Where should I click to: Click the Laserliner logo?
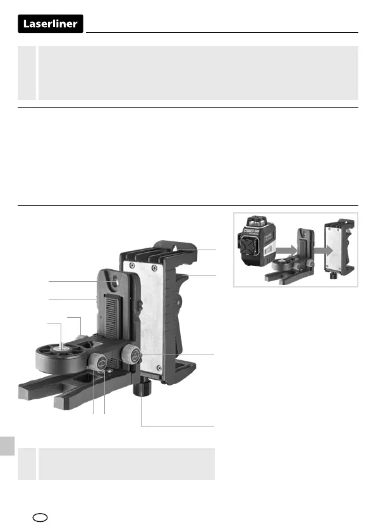(x=50, y=24)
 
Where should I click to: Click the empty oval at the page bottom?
(x=40, y=517)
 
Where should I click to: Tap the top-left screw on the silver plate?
(x=131, y=265)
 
